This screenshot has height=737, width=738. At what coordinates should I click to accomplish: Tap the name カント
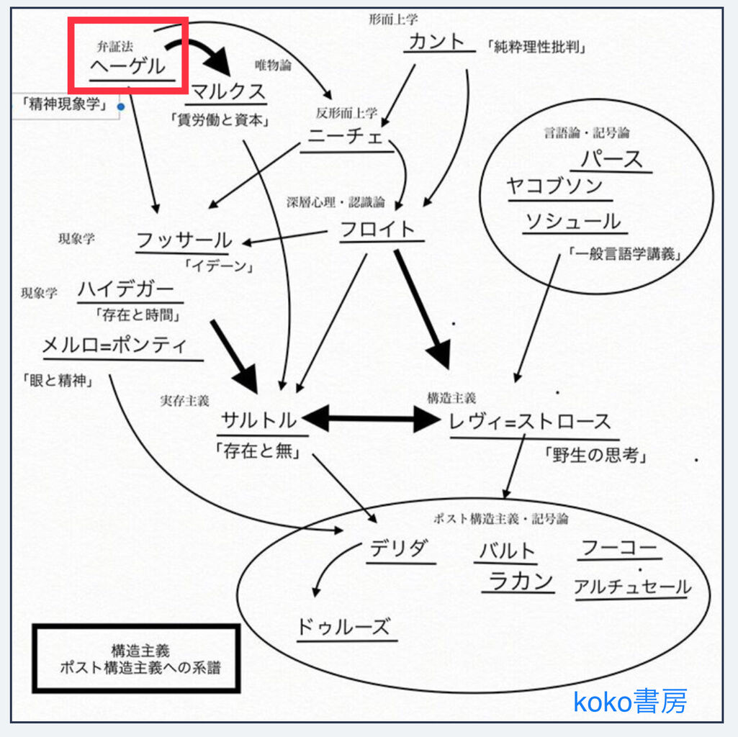[437, 41]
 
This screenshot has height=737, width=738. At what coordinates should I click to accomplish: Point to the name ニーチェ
[346, 137]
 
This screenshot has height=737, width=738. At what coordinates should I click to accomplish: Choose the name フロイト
[378, 229]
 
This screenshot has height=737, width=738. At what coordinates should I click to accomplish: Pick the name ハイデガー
[126, 290]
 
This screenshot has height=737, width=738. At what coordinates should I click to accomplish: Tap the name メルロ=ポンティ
[114, 346]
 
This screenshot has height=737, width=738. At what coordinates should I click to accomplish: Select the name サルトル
[259, 420]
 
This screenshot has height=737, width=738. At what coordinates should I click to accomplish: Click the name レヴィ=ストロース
[530, 422]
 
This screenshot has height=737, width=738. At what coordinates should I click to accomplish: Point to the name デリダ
[398, 550]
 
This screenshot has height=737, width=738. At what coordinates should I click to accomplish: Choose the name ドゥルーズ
[343, 626]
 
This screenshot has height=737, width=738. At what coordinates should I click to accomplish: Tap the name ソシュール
[572, 222]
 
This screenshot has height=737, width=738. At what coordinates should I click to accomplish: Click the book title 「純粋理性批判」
[536, 48]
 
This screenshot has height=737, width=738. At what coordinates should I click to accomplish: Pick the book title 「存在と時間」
[138, 315]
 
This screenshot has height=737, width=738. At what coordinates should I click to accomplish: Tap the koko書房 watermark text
[630, 700]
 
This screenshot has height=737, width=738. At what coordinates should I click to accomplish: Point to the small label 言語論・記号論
[587, 133]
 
